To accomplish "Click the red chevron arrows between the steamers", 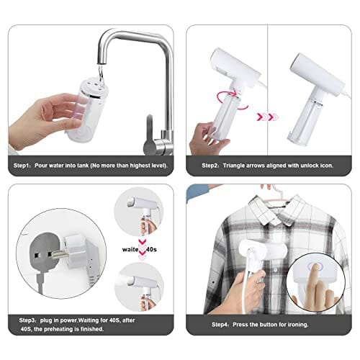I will tap(267, 114).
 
